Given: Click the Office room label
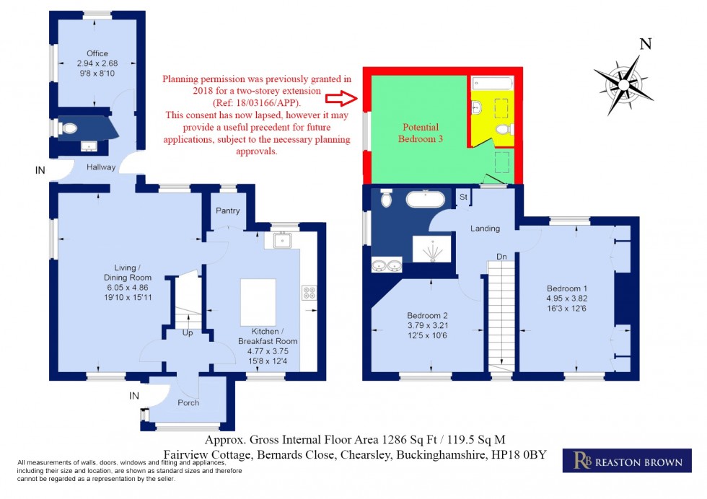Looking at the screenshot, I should click(97, 53).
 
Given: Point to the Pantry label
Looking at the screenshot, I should click(228, 210).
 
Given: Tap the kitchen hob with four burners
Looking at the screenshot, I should click(309, 293).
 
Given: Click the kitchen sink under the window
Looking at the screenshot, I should click(281, 240).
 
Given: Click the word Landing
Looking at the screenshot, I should click(485, 229).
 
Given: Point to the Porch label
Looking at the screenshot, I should click(188, 402).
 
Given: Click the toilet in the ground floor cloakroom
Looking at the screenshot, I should click(69, 128).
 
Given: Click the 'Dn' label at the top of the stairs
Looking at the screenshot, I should click(500, 256).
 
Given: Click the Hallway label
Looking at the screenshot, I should click(101, 167).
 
